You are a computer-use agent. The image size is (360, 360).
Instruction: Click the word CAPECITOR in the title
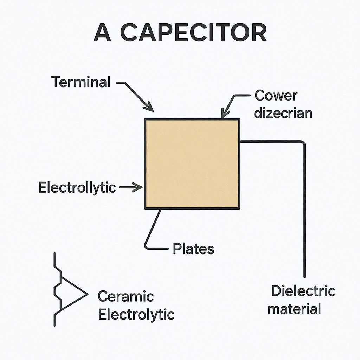pos(195,33)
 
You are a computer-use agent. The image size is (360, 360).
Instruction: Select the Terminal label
pos(81,82)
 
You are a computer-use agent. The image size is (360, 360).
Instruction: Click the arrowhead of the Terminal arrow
pos(152,109)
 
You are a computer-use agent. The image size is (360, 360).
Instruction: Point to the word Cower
pos(276,95)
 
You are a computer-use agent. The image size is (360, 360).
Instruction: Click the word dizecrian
pos(283,113)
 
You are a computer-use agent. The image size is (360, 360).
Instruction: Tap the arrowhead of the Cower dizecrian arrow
pos(223,116)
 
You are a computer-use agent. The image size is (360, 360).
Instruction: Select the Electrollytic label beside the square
pos(77,188)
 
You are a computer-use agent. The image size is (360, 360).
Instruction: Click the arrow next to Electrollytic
pos(131,188)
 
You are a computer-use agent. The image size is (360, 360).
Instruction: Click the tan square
pos(192,163)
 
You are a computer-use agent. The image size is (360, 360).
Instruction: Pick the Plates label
pos(193,249)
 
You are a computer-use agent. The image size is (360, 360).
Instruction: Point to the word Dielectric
pos(303,291)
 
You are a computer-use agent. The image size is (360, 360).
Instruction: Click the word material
pos(294,309)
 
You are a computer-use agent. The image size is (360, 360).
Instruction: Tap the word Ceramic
pos(126,296)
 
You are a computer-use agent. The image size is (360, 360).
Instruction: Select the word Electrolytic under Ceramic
pos(136,314)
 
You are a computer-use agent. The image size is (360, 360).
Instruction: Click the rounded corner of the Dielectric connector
pos(303,143)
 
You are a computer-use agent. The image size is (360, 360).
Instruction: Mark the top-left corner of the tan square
pos(145,120)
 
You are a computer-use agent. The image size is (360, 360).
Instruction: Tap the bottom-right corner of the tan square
pos(239,208)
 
